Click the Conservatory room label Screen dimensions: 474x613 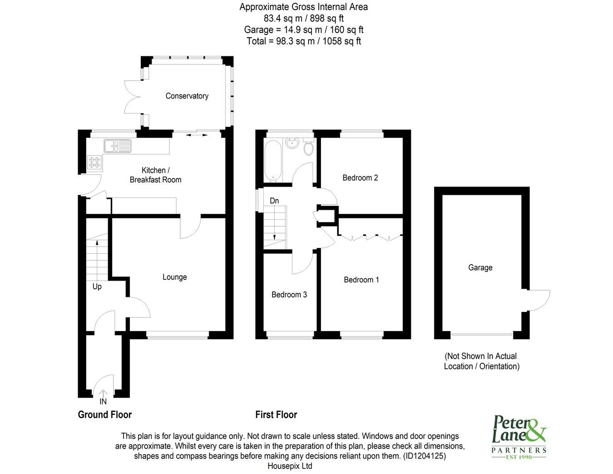[187, 96]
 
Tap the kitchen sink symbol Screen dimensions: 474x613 [117, 146]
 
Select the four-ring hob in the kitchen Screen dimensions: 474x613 [95, 162]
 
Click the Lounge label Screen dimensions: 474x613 [174, 277]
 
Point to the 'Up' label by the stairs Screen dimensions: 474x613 [97, 286]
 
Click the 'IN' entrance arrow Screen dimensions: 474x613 [103, 395]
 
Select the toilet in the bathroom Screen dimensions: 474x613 [308, 148]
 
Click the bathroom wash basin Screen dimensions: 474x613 [291, 143]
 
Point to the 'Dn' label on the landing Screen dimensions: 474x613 [274, 201]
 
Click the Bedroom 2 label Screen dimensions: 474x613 [360, 178]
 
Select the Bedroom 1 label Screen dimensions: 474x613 [361, 280]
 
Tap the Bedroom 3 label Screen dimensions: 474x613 [289, 295]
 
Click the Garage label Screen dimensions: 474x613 [480, 268]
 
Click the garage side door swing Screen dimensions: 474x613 [539, 300]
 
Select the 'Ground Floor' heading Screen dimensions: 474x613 [105, 415]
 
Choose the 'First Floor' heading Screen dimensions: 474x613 [276, 415]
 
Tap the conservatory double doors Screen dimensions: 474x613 [133, 97]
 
